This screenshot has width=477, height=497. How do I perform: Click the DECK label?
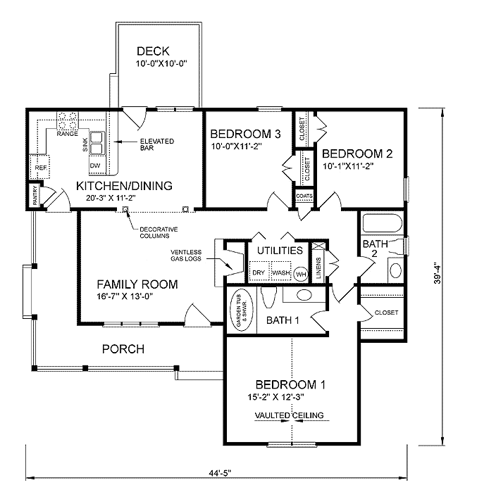153,51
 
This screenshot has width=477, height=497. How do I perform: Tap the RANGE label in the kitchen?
67,134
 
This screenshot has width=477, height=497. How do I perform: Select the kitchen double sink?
97,143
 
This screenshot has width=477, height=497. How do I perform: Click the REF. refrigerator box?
39,166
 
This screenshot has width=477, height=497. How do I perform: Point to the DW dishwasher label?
95,165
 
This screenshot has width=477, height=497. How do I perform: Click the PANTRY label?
35,195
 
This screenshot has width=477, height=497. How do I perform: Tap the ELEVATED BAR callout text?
157,144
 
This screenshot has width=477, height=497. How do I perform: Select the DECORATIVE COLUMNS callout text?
159,232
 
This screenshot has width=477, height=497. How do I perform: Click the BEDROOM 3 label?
245,134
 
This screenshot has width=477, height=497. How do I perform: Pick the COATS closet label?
304,196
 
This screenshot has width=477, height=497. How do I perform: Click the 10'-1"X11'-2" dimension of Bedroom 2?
348,166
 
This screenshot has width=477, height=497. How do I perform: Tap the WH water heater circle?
301,274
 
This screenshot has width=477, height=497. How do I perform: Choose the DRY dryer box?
259,271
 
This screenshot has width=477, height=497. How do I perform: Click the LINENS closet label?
318,268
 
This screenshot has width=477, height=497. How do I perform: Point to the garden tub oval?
242,309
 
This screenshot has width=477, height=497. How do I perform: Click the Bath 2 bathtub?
383,223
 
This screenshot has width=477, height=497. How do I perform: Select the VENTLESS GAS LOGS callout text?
186,255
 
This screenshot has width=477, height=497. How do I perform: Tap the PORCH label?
123,349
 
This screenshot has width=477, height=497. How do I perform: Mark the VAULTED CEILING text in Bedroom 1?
290,415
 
